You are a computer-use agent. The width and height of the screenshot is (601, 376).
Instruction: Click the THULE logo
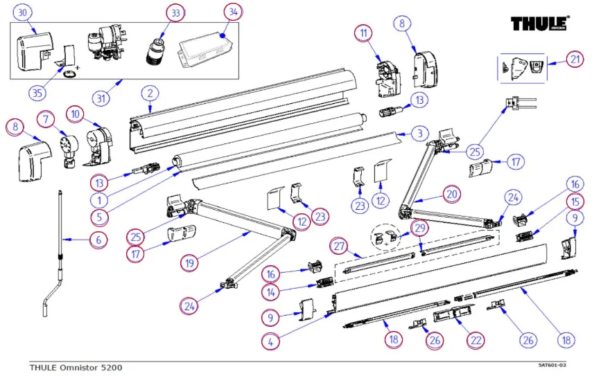[540, 24]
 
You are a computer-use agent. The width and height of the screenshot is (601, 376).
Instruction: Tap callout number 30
[23, 12]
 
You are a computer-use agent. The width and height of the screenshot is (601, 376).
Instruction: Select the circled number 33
[175, 13]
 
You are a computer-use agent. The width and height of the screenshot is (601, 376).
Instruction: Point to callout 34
[233, 12]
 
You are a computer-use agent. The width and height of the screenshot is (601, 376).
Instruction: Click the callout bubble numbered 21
[575, 60]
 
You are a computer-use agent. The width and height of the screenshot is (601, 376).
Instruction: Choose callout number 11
[363, 33]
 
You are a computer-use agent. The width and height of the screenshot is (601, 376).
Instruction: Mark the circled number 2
[150, 93]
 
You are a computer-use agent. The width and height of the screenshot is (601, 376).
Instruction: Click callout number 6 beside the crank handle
[98, 240]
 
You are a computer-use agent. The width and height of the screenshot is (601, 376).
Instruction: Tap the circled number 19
[190, 263]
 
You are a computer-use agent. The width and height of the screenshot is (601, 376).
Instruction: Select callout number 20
[452, 194]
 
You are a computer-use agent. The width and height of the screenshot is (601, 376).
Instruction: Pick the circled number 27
[339, 246]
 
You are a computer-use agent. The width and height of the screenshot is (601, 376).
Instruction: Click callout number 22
[476, 341]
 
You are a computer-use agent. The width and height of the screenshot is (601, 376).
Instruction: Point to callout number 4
[270, 342]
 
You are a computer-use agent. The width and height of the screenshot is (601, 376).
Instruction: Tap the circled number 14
[270, 292]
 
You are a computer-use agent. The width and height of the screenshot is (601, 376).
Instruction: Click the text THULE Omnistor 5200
[76, 368]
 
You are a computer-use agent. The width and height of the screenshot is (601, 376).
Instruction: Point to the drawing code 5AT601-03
[552, 365]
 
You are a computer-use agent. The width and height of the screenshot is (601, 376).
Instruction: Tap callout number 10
[75, 114]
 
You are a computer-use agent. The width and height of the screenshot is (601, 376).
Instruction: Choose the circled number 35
[37, 93]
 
